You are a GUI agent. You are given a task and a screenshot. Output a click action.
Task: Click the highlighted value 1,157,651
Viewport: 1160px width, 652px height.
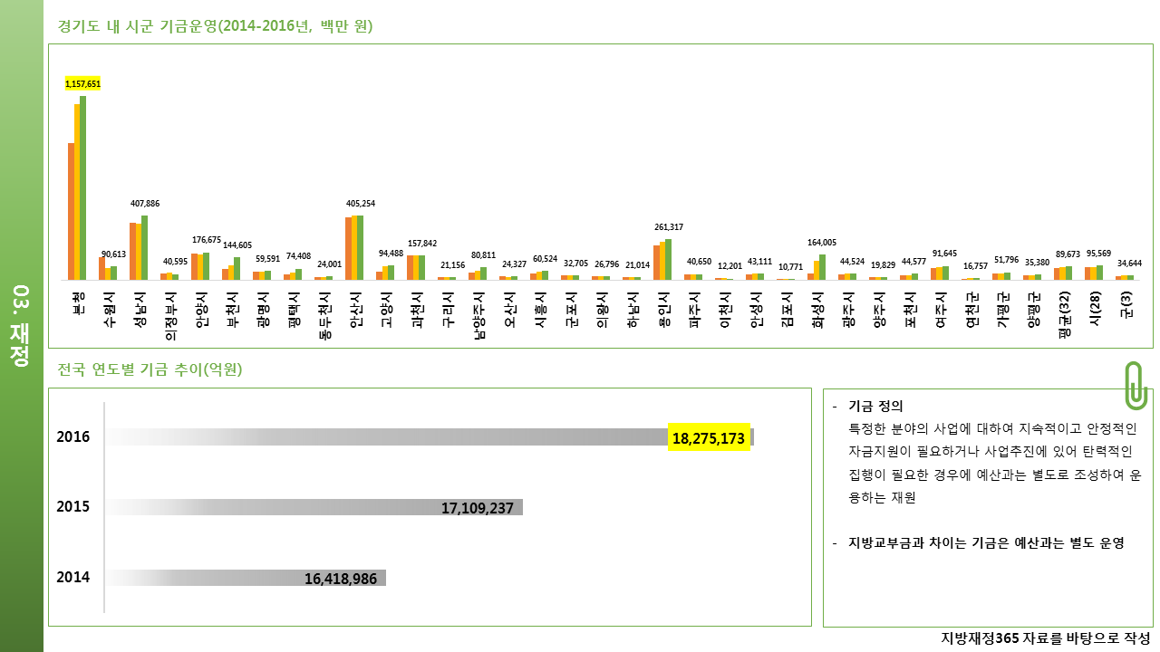82,84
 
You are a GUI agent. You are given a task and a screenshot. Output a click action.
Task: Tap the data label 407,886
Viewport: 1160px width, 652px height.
145,204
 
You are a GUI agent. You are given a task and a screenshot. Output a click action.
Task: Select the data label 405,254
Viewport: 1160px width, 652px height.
361,204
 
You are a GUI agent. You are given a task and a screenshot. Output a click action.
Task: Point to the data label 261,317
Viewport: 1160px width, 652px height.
669,226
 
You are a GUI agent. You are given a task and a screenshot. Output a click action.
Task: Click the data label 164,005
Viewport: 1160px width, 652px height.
822,242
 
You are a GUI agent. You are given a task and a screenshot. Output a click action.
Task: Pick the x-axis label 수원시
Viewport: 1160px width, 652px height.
110,309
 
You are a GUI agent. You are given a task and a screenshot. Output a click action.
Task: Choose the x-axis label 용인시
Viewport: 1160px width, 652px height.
664,309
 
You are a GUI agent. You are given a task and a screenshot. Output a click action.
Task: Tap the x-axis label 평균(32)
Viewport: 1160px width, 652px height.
1065,314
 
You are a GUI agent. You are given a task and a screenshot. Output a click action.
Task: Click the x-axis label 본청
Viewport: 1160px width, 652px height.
79,303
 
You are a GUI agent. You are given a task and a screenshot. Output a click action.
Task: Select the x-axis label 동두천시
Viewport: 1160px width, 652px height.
325,315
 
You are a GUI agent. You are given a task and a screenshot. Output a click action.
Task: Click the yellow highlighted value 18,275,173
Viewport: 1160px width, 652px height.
709,437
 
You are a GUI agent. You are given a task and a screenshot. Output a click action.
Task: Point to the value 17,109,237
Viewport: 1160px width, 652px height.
477,508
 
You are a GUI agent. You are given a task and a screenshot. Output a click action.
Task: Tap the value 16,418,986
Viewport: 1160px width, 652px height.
340,579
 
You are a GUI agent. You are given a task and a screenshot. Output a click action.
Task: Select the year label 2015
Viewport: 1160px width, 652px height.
73,506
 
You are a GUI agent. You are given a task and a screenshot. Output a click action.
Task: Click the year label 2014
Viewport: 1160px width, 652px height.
73,577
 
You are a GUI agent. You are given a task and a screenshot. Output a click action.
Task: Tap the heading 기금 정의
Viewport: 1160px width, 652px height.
875,407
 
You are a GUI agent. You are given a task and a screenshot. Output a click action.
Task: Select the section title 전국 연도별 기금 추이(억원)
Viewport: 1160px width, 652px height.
150,369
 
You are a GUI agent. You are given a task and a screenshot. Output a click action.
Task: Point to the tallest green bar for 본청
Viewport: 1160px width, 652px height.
82,187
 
